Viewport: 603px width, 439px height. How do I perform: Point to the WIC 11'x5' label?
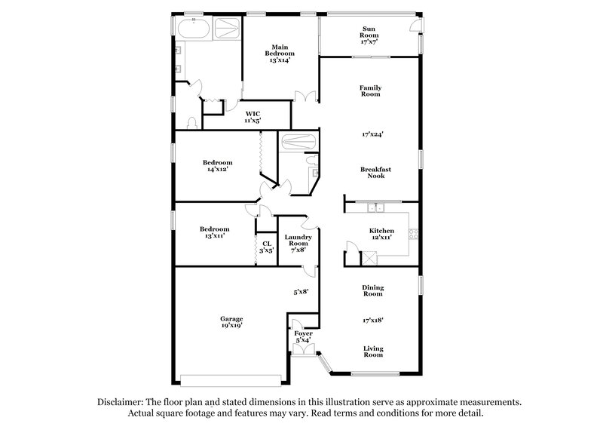[253, 117]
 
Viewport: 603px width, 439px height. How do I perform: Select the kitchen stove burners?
[412, 235]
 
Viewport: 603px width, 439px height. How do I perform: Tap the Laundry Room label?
[298, 241]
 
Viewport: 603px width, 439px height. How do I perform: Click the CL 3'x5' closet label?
[266, 247]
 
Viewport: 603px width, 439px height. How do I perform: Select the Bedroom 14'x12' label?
[217, 166]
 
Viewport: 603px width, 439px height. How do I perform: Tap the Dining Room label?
[372, 290]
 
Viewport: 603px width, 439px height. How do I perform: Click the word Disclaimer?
[124, 404]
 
